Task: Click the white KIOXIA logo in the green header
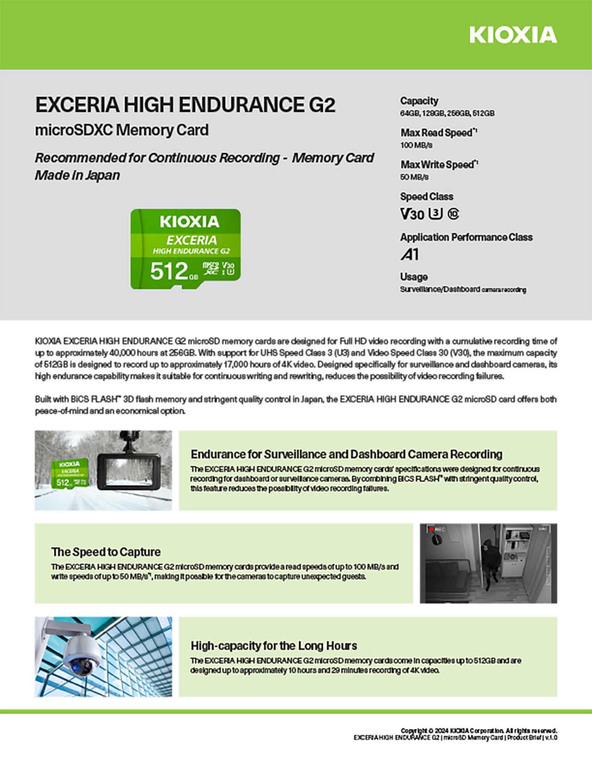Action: coord(513,35)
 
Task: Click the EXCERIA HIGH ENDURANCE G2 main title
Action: coord(185,105)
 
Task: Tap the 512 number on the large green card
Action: coord(169,271)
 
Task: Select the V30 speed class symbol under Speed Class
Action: coord(412,214)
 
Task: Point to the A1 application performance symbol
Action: coord(409,254)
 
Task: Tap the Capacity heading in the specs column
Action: coord(419,101)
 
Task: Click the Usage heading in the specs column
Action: coord(413,277)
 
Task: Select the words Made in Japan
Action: coord(77,175)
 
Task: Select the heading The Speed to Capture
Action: coord(106,552)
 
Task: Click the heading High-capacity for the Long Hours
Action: coord(274,646)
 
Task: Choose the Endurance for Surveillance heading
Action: coord(346,454)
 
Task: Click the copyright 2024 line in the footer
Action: coord(479,731)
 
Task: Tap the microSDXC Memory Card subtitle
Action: coord(122,130)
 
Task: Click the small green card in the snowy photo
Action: coord(69,473)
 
